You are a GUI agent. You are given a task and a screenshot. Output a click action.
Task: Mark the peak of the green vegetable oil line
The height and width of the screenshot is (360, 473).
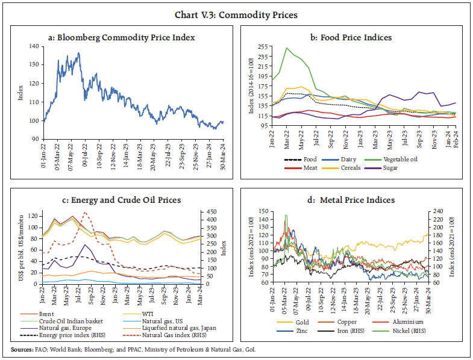click(x=287, y=48)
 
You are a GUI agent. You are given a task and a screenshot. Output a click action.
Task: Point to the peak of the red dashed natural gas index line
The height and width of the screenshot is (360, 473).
click(x=86, y=212)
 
